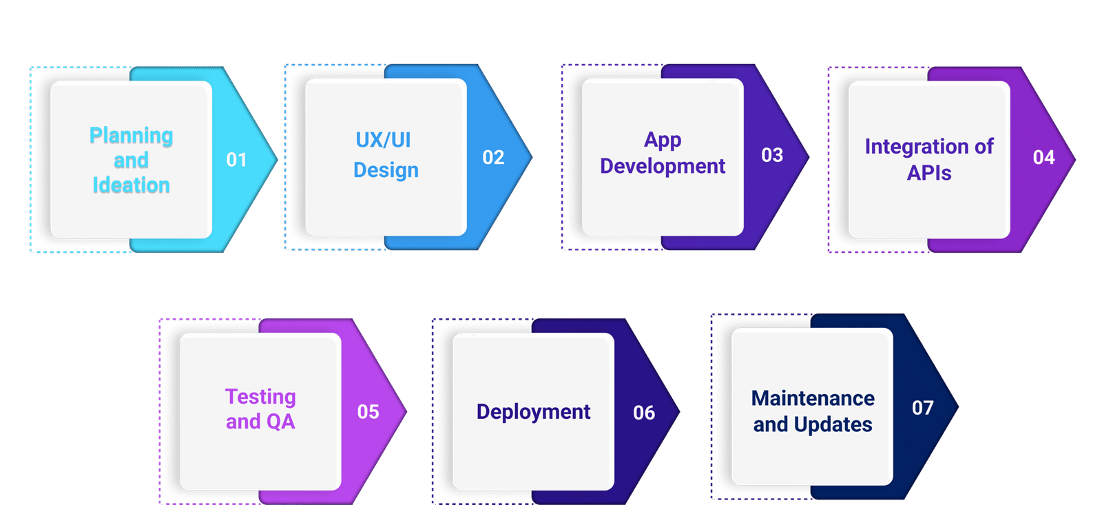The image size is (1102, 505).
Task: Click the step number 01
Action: coord(236,160)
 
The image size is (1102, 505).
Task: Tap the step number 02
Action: coord(493,158)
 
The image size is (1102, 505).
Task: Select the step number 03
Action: coord(772,155)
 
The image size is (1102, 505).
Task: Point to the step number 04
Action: coord(1043,158)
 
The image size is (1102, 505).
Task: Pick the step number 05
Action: coord(368,412)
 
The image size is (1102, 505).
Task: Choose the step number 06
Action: coord(644,413)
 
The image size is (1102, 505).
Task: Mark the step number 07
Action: coord(923,408)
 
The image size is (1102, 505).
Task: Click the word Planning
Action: coord(131,136)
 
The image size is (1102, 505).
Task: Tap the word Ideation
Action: coord(131,185)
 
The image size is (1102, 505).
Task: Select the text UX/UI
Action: coord(383,140)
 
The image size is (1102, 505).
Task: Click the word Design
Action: coord(386,170)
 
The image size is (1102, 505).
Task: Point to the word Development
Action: coord(663,166)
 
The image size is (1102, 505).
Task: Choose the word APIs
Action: coord(929,173)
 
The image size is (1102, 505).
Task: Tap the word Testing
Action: coord(260,397)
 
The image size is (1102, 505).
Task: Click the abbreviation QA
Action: coord(280,422)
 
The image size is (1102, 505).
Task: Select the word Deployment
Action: coord(533,412)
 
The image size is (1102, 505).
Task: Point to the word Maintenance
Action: coord(813,398)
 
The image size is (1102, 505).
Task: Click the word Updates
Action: coord(833,424)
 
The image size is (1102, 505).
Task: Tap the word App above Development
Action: coord(663,140)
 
